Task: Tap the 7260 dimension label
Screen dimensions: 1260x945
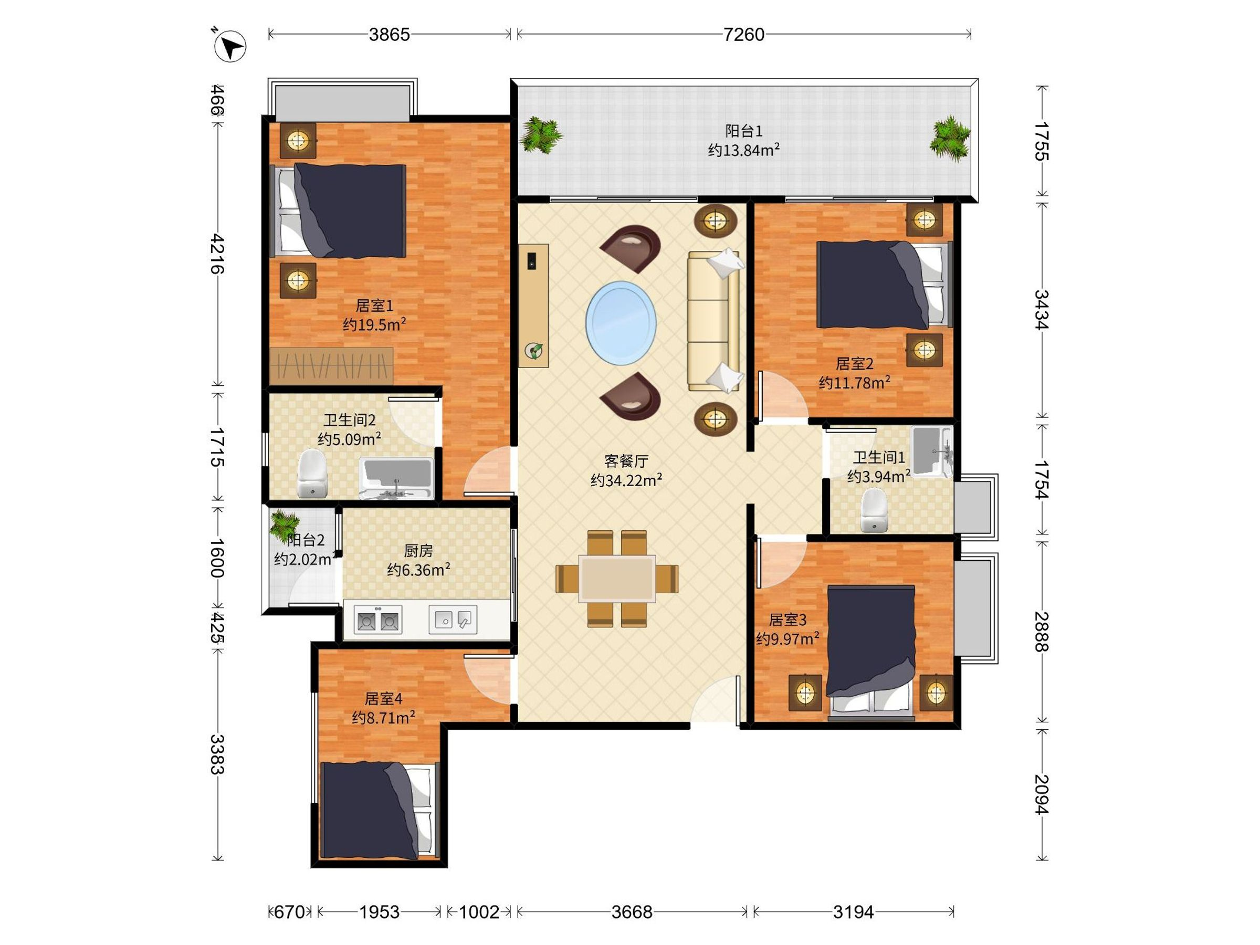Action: pos(744,35)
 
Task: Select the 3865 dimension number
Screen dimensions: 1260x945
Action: pos(389,35)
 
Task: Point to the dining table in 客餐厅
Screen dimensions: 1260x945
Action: pos(617,579)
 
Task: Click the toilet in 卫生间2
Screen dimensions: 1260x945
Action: pos(313,474)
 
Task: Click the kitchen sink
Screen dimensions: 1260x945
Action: pos(453,619)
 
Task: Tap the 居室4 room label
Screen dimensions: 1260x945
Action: pos(383,698)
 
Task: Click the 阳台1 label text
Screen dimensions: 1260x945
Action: pos(744,131)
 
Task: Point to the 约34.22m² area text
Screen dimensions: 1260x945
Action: pos(626,480)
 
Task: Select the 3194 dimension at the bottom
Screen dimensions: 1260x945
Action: pos(853,912)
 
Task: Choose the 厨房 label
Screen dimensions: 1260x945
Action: pos(418,551)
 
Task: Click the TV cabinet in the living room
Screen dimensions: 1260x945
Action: pos(534,306)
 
